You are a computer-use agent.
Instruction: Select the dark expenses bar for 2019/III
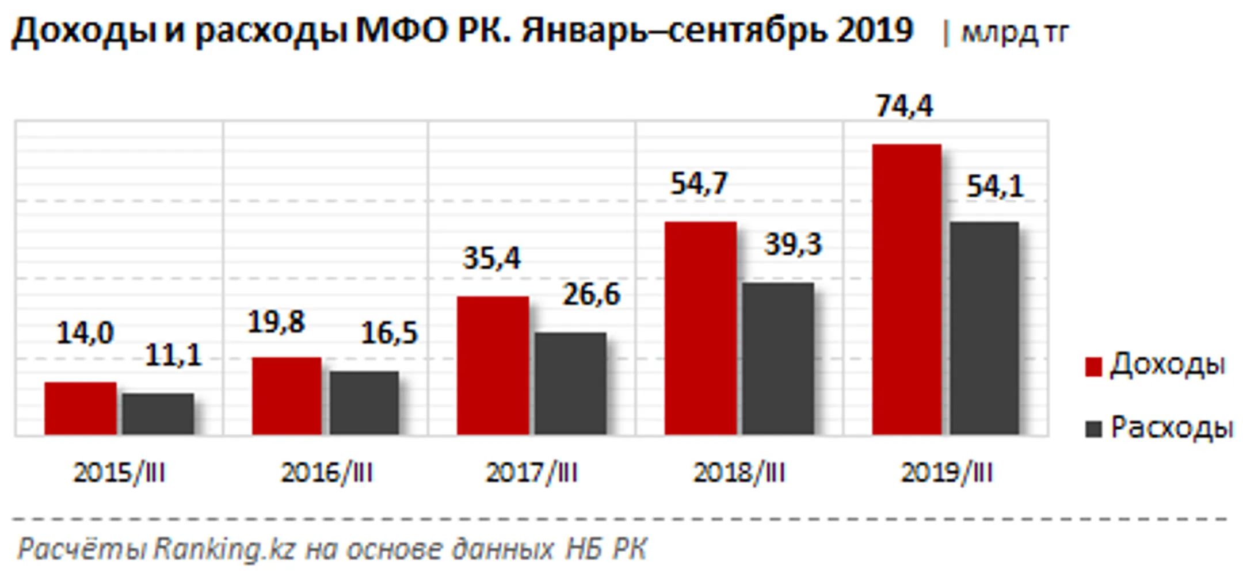click(x=984, y=328)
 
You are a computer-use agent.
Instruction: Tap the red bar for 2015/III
click(x=81, y=408)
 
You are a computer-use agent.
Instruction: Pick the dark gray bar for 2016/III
click(x=364, y=403)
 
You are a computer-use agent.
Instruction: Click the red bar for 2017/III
click(x=493, y=365)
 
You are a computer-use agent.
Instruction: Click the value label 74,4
click(x=904, y=106)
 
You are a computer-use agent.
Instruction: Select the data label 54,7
click(x=699, y=184)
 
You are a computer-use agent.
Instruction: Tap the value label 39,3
click(x=793, y=244)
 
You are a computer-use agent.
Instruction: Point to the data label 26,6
click(x=592, y=295)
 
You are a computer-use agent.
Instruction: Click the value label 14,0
click(x=85, y=333)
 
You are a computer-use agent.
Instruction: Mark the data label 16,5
click(x=389, y=334)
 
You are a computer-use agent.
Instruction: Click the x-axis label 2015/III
click(x=119, y=473)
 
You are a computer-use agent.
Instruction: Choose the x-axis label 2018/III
click(x=739, y=473)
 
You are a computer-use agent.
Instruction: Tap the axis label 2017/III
click(x=532, y=473)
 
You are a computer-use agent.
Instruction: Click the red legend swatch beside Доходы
click(x=1093, y=366)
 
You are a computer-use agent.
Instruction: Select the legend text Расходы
click(x=1172, y=427)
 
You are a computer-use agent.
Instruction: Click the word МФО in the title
click(x=402, y=30)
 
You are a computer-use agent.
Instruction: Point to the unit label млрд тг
click(x=1015, y=33)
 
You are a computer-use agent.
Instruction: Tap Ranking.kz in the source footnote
click(x=224, y=549)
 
